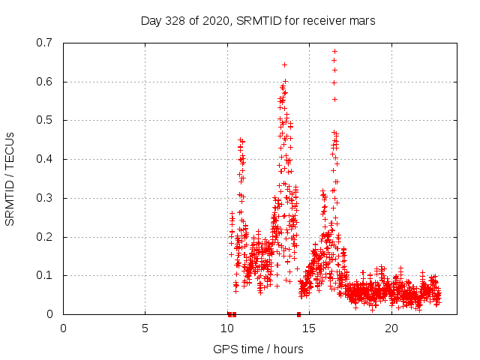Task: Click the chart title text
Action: tap(258, 21)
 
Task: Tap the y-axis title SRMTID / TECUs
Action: tap(10, 178)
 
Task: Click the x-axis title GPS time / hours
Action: tap(258, 349)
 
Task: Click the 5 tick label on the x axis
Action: tap(145, 328)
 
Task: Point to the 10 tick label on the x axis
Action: tap(227, 328)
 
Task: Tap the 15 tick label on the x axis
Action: tap(309, 328)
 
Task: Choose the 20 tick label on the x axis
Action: tap(391, 328)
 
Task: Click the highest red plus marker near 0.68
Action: tap(334, 51)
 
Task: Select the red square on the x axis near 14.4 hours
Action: tap(299, 314)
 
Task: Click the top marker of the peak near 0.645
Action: tap(284, 64)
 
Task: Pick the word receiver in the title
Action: tap(323, 21)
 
